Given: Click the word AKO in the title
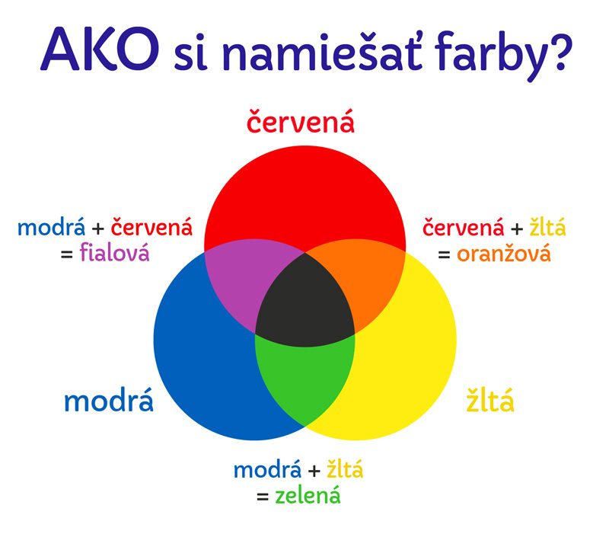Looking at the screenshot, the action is click(x=100, y=50).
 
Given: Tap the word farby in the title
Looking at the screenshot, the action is click(x=492, y=53).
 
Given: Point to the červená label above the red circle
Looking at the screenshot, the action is click(x=301, y=121).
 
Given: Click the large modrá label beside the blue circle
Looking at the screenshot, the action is click(x=109, y=401).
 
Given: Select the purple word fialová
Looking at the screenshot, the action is click(x=115, y=253).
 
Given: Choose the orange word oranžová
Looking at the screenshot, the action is click(x=504, y=254).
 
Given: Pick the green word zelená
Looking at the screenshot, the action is click(x=308, y=496).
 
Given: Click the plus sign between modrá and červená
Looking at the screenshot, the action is click(x=98, y=229).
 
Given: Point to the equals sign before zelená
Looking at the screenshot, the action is click(x=263, y=497).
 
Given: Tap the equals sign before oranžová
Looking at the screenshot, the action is click(x=444, y=254).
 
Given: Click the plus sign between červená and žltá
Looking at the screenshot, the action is click(x=517, y=229).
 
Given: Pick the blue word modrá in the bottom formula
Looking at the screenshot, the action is click(x=267, y=469).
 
